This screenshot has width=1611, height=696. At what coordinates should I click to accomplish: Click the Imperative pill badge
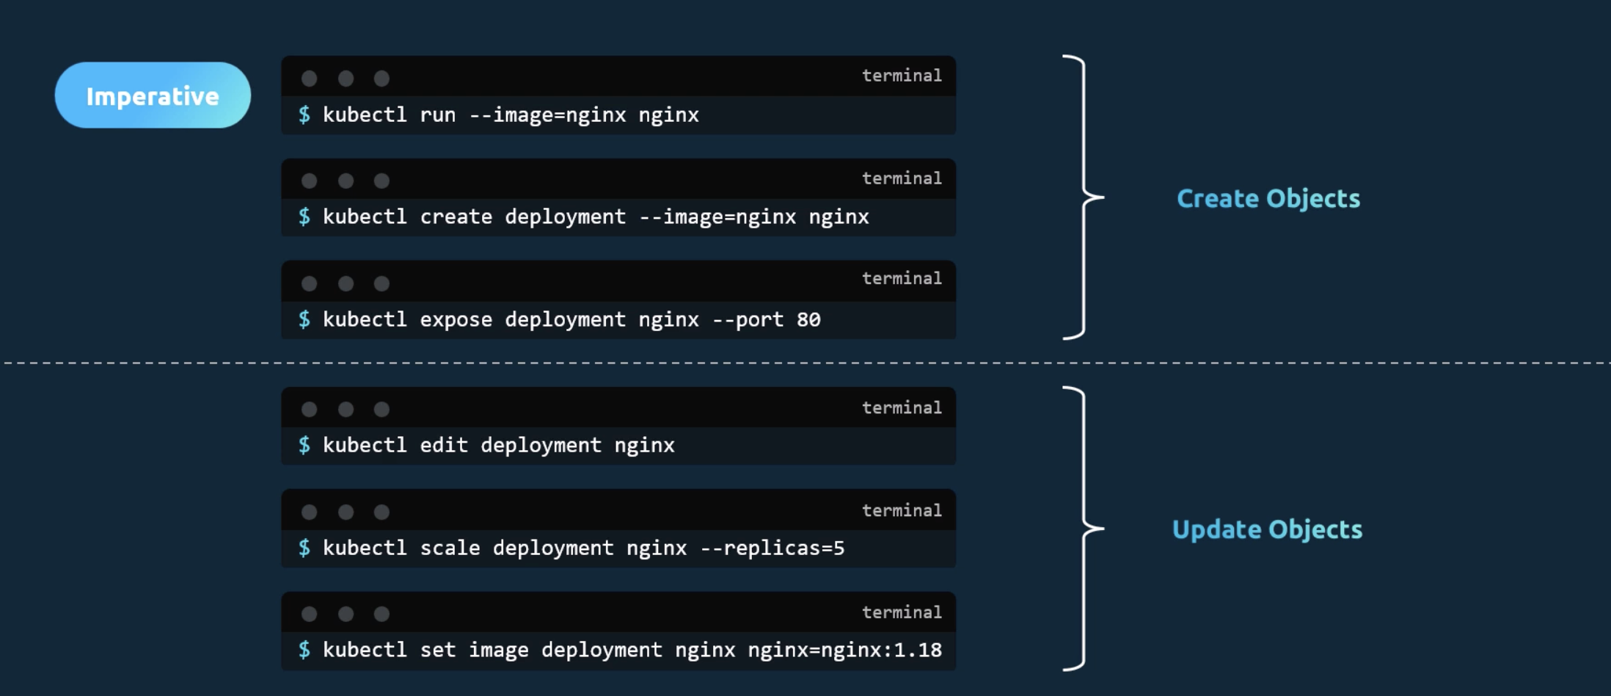pyautogui.click(x=153, y=95)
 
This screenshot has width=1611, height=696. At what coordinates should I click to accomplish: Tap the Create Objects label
pyautogui.click(x=1268, y=198)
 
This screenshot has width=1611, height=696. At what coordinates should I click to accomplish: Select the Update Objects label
pyautogui.click(x=1267, y=529)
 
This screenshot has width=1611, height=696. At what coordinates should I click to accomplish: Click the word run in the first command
pyautogui.click(x=437, y=115)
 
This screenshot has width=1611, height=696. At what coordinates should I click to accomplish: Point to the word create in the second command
pyautogui.click(x=456, y=217)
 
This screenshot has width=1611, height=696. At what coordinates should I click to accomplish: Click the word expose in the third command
pyautogui.click(x=456, y=319)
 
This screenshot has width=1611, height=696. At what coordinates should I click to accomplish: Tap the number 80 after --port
pyautogui.click(x=808, y=319)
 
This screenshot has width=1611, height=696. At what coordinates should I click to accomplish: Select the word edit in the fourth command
pyautogui.click(x=444, y=445)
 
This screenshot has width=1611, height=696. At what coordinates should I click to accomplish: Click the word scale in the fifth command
pyautogui.click(x=450, y=548)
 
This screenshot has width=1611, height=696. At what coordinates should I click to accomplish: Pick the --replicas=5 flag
pyautogui.click(x=772, y=548)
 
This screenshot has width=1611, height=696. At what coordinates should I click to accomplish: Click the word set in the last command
pyautogui.click(x=437, y=650)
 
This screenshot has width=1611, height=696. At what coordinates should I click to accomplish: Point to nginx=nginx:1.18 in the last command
pyautogui.click(x=844, y=650)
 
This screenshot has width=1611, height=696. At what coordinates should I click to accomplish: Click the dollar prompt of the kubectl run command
pyautogui.click(x=304, y=115)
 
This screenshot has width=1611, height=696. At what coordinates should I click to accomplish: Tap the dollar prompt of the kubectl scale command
pyautogui.click(x=304, y=548)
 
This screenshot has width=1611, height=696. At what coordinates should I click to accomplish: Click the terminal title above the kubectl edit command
pyautogui.click(x=902, y=407)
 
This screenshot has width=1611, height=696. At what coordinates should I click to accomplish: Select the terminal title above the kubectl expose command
pyautogui.click(x=902, y=278)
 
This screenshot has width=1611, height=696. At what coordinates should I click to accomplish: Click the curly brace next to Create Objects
pyautogui.click(x=1084, y=197)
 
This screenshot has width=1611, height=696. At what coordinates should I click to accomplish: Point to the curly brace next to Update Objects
pyautogui.click(x=1084, y=528)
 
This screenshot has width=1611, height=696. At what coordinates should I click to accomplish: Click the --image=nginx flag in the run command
pyautogui.click(x=547, y=115)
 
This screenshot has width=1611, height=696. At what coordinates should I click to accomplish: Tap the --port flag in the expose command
pyautogui.click(x=748, y=319)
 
